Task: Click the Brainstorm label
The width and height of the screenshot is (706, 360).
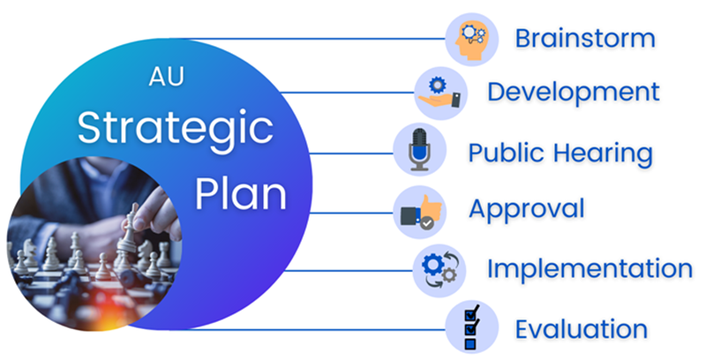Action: (x=585, y=38)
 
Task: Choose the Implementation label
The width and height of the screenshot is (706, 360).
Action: (x=590, y=269)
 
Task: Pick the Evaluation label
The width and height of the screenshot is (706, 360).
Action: (x=582, y=329)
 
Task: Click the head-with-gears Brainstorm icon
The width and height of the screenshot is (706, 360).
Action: (x=471, y=39)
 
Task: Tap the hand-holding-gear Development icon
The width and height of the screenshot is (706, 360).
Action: (x=439, y=94)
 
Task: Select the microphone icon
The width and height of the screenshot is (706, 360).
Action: (x=419, y=150)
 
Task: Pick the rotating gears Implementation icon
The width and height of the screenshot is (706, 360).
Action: (x=439, y=270)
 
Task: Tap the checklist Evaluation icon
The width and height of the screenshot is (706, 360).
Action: (x=471, y=327)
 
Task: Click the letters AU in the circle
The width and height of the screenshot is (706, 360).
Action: (x=167, y=78)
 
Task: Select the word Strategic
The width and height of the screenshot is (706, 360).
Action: (x=176, y=129)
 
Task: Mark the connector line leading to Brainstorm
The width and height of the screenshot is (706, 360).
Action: (x=310, y=39)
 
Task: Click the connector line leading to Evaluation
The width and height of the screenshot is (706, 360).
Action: (x=310, y=329)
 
